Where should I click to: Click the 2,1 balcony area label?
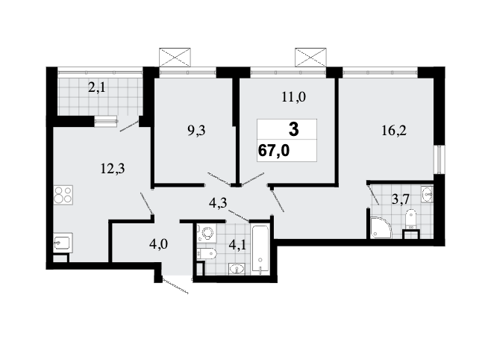pyautogui.click(x=97, y=88)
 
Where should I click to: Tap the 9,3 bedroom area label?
pyautogui.click(x=196, y=130)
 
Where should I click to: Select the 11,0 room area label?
pyautogui.click(x=293, y=96)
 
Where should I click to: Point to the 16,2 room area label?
pyautogui.click(x=394, y=130)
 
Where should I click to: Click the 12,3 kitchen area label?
pyautogui.click(x=113, y=169)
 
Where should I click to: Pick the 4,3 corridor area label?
pyautogui.click(x=218, y=202)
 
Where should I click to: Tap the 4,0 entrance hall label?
pyautogui.click(x=158, y=244)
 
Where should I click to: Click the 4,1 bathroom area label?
pyautogui.click(x=238, y=245)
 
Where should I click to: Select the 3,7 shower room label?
pyautogui.click(x=401, y=199)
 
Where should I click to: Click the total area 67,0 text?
pyautogui.click(x=274, y=151)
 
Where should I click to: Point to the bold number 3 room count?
pyautogui.click(x=293, y=129)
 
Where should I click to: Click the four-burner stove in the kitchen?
pyautogui.click(x=63, y=195)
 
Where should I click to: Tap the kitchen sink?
pyautogui.click(x=63, y=243)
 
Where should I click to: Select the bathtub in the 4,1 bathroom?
pyautogui.click(x=260, y=249)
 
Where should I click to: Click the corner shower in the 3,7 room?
pyautogui.click(x=381, y=226)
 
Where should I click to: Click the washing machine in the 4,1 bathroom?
pyautogui.click(x=206, y=233)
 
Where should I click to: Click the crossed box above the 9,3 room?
pyautogui.click(x=175, y=58)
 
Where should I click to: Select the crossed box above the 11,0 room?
pyautogui.click(x=310, y=58)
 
